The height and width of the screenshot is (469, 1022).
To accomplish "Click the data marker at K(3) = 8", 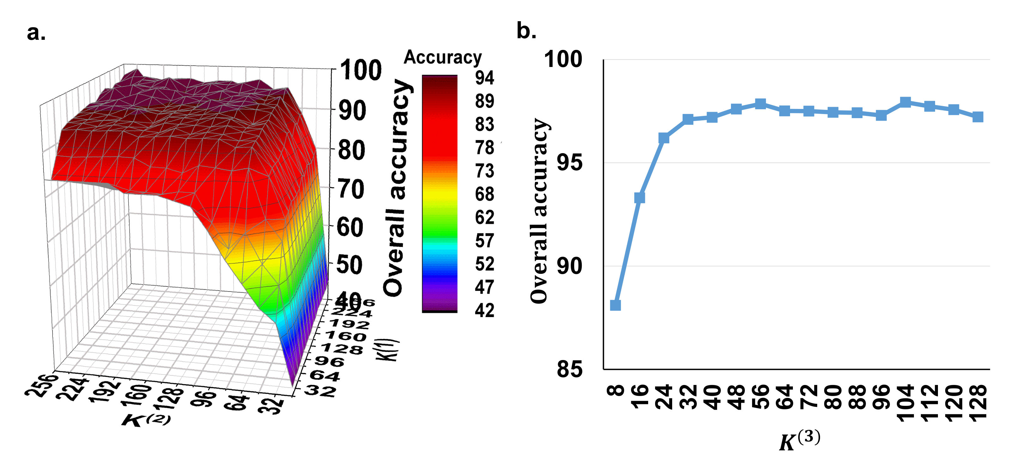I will click(615, 305).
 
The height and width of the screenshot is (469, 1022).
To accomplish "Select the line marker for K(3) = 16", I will click(639, 197).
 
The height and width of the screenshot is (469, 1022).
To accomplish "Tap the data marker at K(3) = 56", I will click(760, 104).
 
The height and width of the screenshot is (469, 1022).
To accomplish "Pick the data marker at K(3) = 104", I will click(905, 102).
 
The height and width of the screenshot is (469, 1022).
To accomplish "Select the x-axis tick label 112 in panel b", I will click(929, 402).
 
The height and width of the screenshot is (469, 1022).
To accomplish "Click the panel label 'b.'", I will click(526, 31).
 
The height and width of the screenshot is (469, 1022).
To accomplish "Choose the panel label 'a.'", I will click(36, 33).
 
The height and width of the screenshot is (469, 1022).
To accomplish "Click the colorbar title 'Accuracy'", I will click(442, 57).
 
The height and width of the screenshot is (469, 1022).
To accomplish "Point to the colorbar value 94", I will click(484, 78).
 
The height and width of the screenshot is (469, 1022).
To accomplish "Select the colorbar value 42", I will click(484, 310).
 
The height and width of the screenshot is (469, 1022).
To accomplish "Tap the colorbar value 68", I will click(484, 194).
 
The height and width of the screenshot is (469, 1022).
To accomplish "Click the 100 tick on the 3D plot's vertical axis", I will click(360, 70).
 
